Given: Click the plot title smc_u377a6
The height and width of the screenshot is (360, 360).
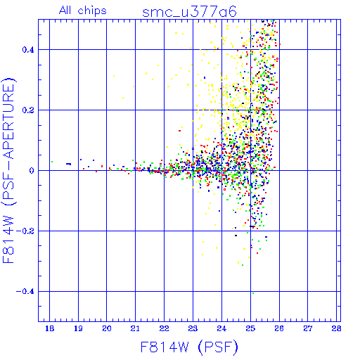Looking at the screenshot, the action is (189, 12).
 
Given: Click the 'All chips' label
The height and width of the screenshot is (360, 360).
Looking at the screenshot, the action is (83, 11).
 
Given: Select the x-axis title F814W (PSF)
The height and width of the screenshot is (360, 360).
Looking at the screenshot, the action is (189, 347).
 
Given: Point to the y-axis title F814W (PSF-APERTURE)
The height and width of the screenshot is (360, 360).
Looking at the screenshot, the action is (9, 170).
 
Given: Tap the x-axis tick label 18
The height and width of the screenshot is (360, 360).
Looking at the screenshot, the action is (49, 328).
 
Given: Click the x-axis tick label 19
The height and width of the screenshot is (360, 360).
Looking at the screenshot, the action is (78, 328).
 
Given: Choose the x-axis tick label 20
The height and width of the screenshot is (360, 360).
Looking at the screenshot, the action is (107, 328).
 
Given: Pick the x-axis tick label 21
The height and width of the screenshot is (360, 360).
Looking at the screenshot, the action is (135, 328).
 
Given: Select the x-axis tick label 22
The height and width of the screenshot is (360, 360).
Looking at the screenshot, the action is (164, 328).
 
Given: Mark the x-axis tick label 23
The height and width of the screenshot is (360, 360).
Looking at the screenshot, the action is (193, 328).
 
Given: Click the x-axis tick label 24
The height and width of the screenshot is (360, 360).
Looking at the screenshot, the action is (221, 328).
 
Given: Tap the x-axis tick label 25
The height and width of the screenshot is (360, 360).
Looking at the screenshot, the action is (250, 328).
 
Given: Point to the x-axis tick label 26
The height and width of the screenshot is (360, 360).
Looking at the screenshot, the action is (279, 328).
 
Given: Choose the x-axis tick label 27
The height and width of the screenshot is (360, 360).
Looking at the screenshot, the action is (308, 328).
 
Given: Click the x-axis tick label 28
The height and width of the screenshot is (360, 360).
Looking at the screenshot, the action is (336, 328).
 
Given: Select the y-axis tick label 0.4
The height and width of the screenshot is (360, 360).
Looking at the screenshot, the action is (28, 50).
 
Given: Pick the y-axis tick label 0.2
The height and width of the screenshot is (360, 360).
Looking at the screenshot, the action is (28, 110).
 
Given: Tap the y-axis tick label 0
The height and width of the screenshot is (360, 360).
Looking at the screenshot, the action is (32, 171).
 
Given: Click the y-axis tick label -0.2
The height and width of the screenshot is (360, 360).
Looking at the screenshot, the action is (25, 231).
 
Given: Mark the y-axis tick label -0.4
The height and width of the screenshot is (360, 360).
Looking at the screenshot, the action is (25, 292).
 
